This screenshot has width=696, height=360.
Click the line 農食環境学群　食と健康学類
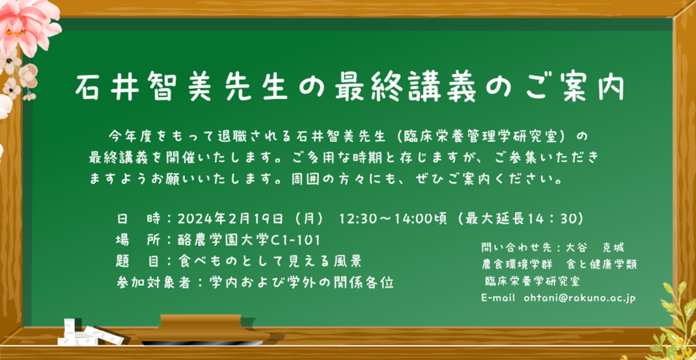coord(559,264)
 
